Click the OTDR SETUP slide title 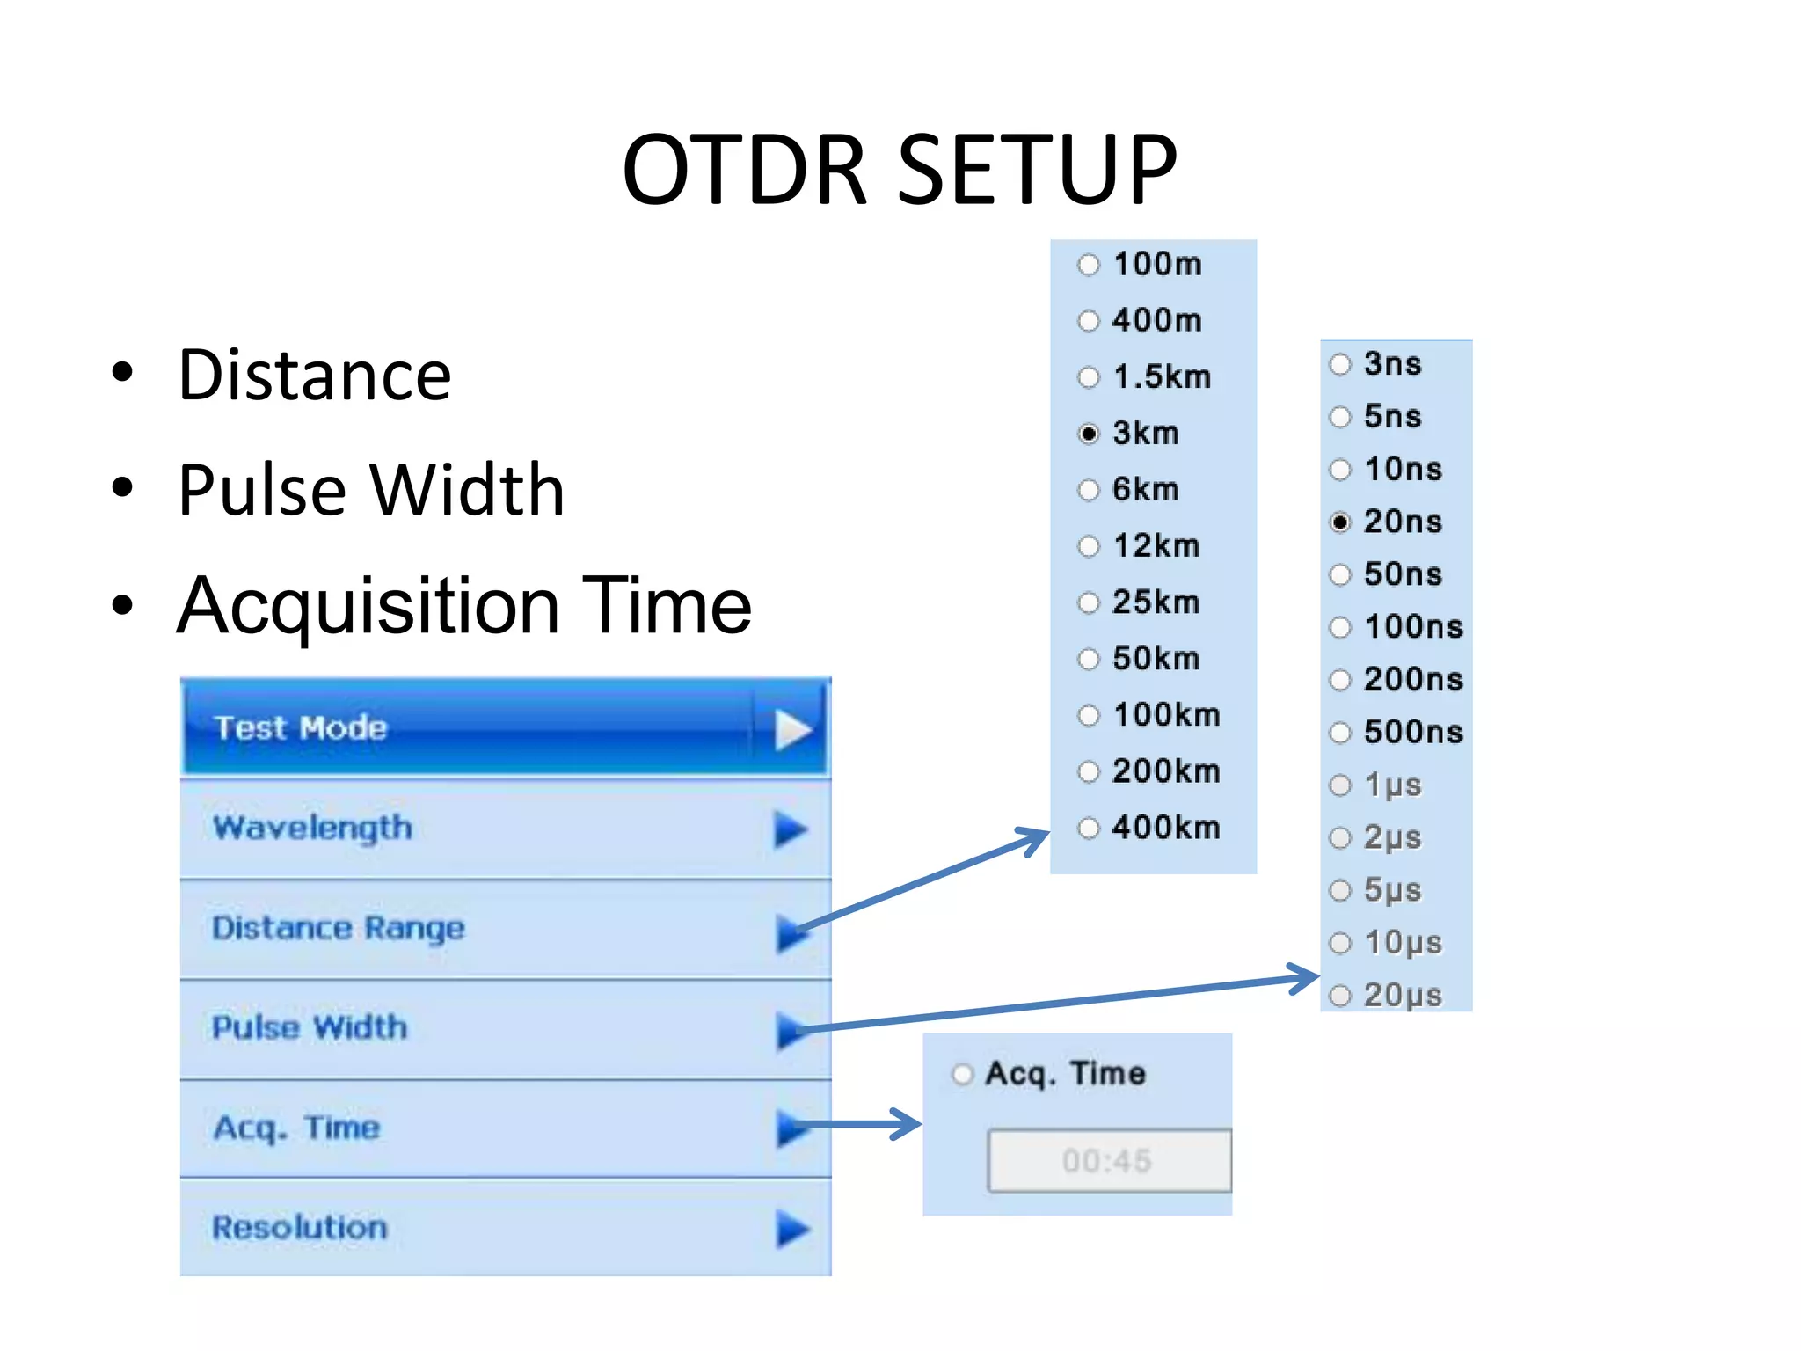click(899, 169)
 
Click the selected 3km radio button click(1089, 434)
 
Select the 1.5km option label click(1162, 377)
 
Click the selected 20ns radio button click(1339, 522)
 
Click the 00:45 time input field click(1108, 1161)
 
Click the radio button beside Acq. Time click(963, 1074)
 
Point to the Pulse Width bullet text click(370, 490)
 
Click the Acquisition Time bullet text click(463, 605)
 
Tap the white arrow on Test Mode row click(791, 730)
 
